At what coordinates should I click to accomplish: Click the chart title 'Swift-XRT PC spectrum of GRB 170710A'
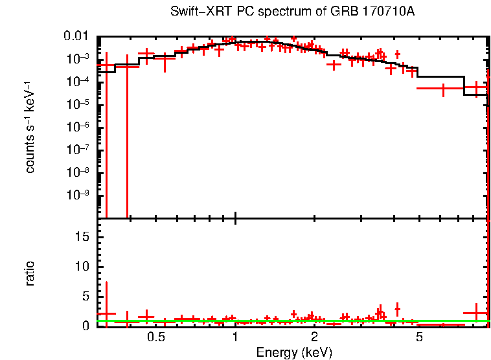tap(295, 12)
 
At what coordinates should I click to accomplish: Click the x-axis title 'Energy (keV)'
tap(294, 352)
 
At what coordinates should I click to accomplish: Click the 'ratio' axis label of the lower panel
tap(30, 273)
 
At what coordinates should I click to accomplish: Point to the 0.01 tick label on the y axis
tap(79, 36)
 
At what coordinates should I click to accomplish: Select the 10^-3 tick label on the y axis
tap(79, 59)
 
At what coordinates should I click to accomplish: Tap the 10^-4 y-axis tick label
tap(79, 82)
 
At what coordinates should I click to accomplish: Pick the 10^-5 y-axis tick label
tap(79, 104)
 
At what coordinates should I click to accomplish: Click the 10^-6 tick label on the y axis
tap(79, 127)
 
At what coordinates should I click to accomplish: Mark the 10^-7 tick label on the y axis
tap(79, 150)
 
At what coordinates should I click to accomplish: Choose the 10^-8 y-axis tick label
tap(79, 172)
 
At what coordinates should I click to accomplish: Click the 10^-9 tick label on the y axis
tap(79, 195)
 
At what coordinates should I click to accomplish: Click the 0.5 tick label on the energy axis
tap(155, 337)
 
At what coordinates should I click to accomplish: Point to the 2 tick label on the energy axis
tap(314, 337)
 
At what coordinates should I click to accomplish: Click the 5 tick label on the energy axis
tap(419, 337)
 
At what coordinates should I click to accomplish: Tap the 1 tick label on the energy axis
tap(235, 337)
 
